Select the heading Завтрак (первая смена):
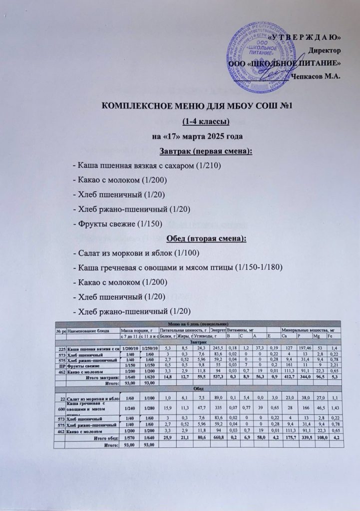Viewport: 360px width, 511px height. (x=202, y=150)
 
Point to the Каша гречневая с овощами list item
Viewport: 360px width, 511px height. (x=178, y=268)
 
